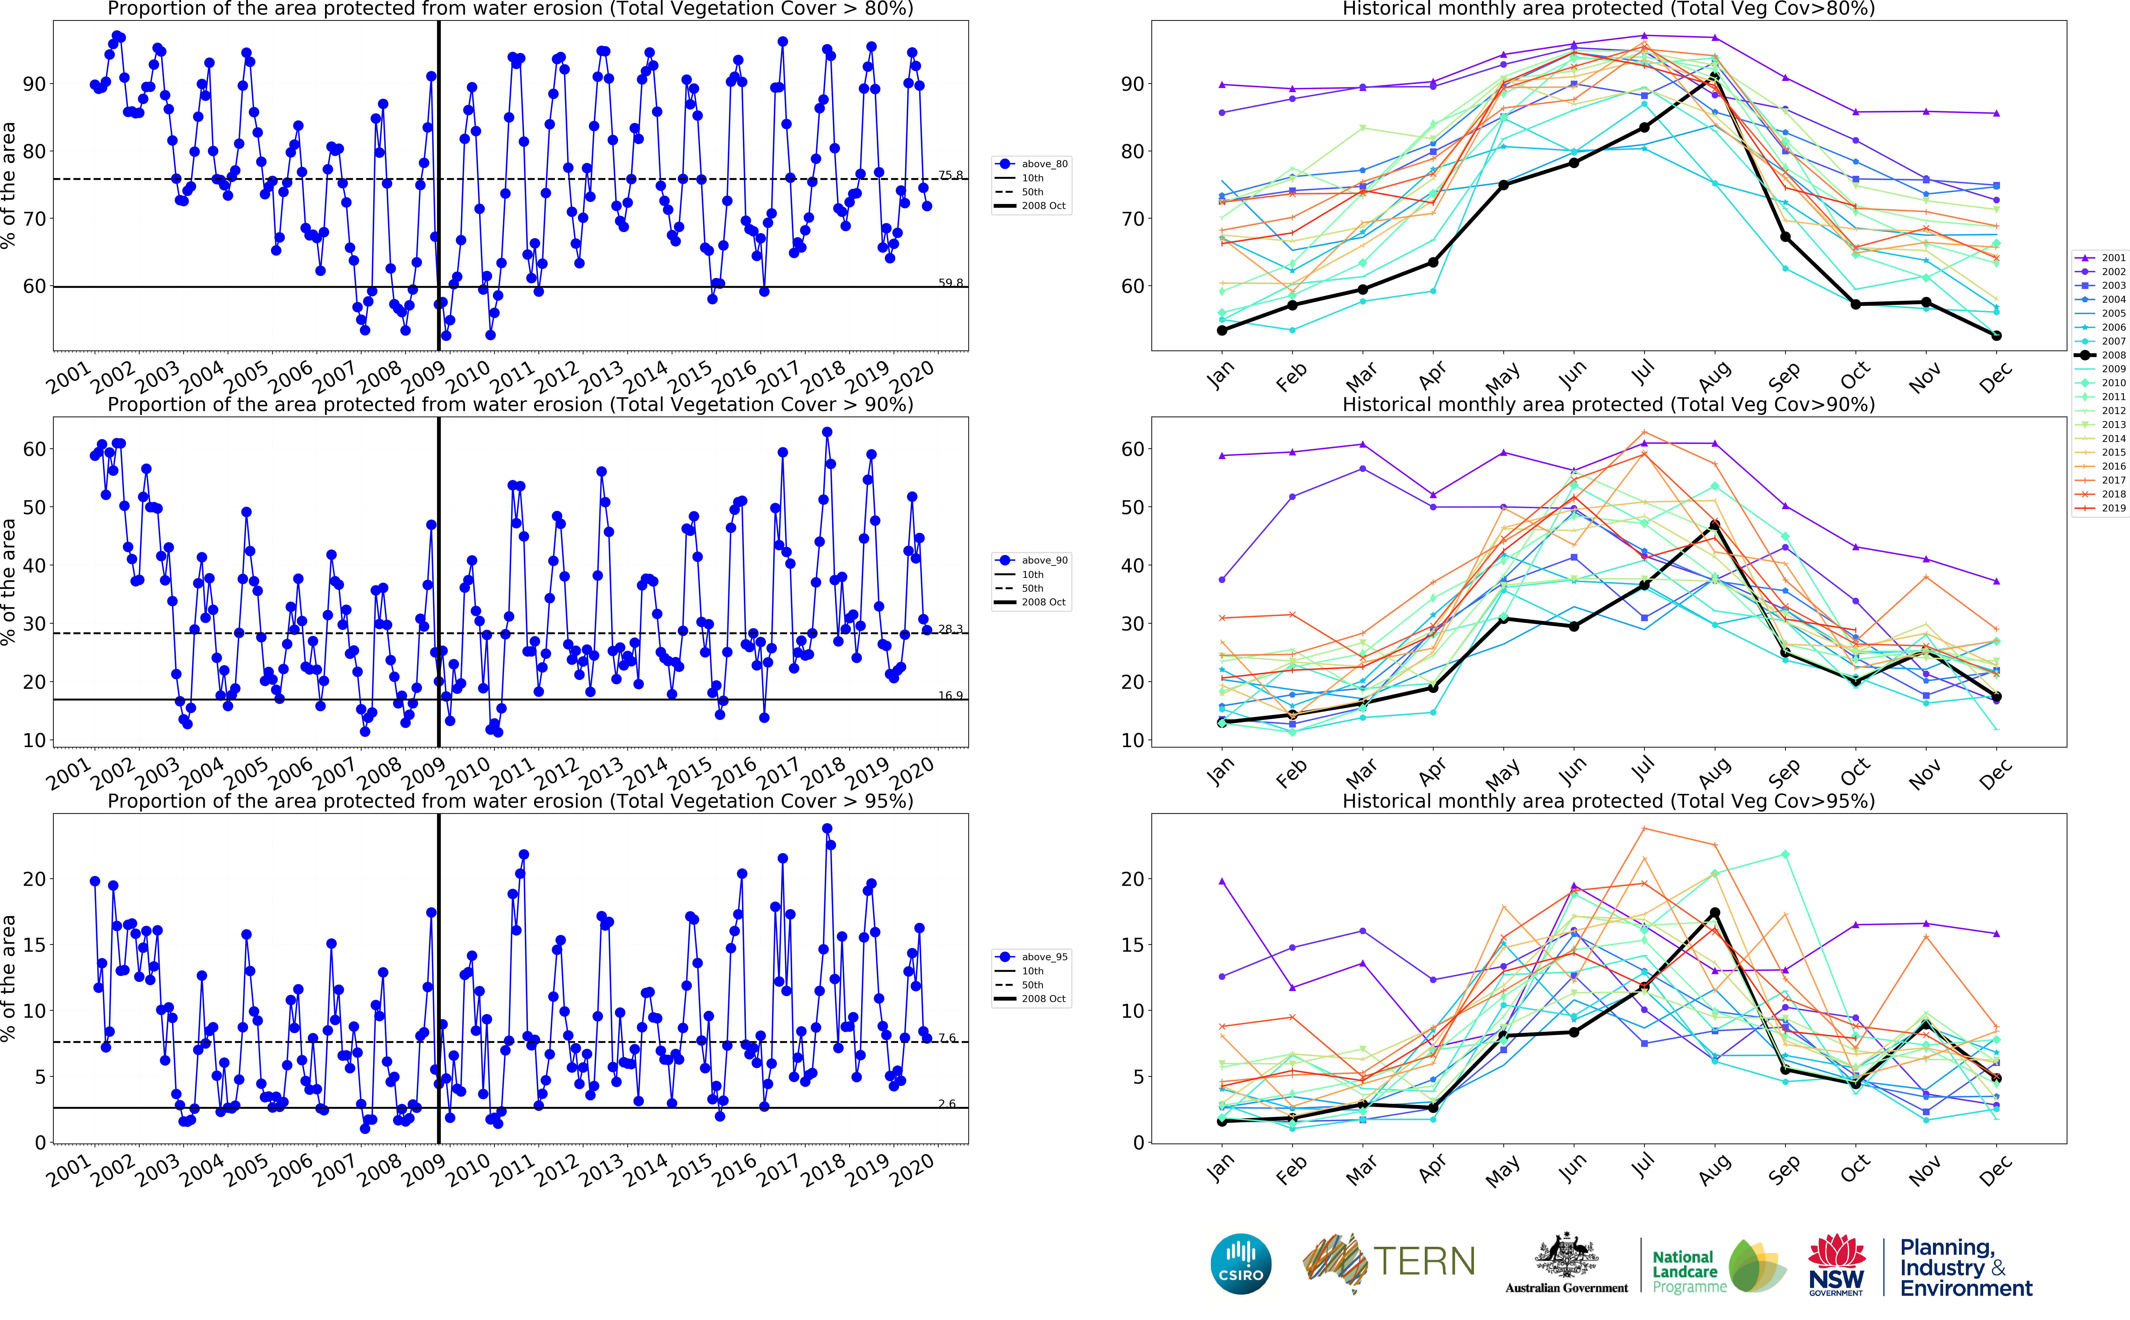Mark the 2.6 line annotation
pos(947,1104)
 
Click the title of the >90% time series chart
pos(511,405)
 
